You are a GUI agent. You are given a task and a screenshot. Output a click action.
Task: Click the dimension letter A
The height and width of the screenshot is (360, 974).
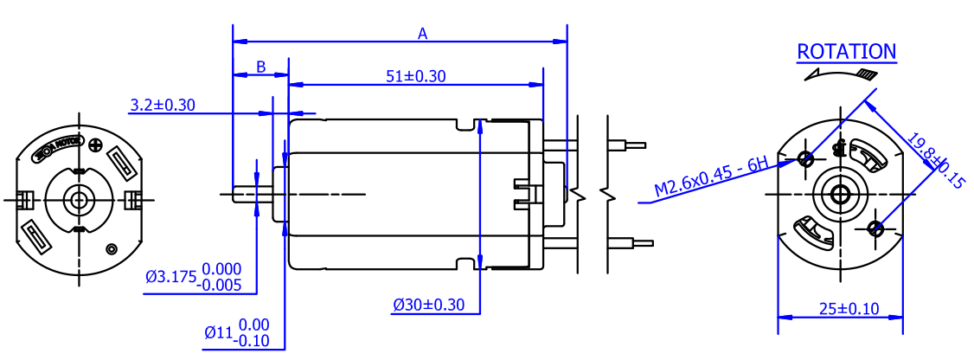[423, 34]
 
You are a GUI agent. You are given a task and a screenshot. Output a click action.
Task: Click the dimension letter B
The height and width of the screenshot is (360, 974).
[260, 67]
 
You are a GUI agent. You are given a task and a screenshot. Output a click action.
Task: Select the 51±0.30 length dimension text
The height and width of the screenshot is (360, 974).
[415, 76]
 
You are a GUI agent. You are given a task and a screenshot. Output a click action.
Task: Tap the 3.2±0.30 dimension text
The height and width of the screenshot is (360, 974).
[163, 106]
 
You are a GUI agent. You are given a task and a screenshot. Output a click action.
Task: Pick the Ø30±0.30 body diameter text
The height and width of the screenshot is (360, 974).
[428, 305]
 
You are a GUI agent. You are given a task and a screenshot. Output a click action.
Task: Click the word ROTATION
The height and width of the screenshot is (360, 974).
[846, 52]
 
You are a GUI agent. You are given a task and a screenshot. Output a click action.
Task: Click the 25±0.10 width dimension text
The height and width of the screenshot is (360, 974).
[838, 308]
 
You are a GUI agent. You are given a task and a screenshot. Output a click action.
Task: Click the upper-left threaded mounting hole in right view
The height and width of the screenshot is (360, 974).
[806, 158]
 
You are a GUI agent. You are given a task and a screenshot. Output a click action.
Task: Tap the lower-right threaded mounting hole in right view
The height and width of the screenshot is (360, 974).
[875, 228]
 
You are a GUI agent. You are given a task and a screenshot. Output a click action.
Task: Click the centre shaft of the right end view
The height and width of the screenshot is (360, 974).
[839, 193]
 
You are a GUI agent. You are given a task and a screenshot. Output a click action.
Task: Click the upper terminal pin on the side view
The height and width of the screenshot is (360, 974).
[626, 145]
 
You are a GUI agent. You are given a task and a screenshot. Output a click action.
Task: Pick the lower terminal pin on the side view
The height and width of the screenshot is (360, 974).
[626, 243]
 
